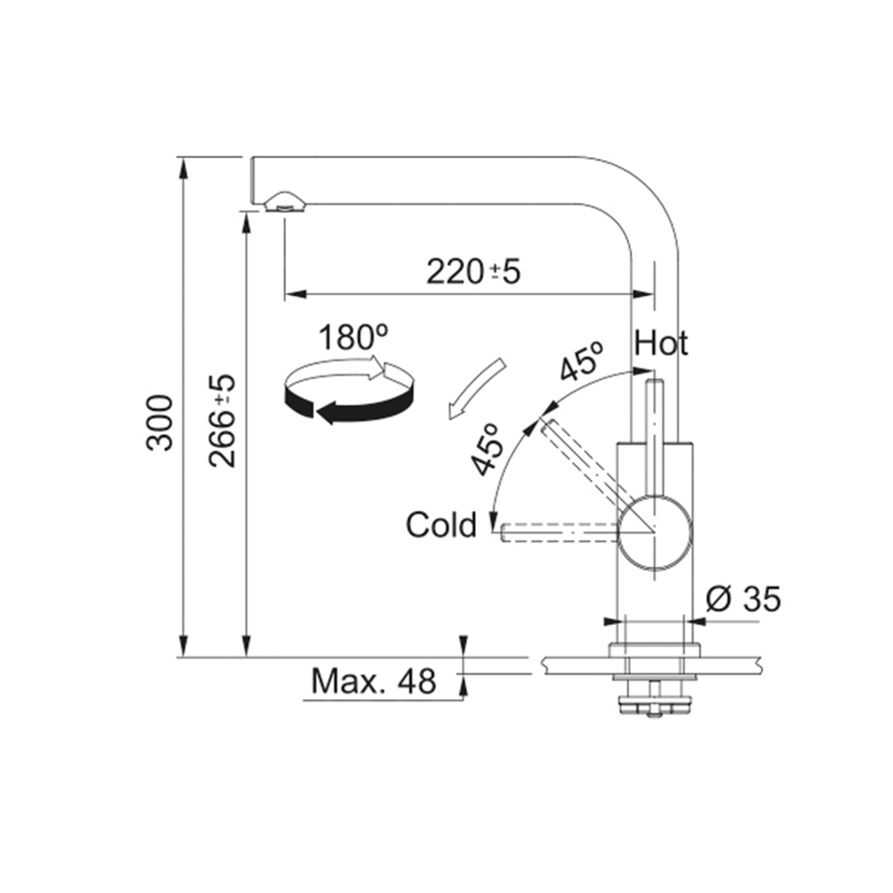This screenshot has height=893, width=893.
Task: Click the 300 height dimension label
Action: coord(160,422)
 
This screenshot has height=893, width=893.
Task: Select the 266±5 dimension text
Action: coord(222,421)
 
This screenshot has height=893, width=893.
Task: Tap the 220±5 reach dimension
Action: coord(473,271)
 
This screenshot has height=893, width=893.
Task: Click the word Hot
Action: coord(661,343)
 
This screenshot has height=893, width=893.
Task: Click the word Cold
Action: coord(441,524)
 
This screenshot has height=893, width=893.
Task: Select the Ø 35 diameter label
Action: coord(743,599)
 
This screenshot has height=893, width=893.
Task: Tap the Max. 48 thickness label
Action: coord(373,680)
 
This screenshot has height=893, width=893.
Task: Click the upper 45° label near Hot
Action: coord(581,362)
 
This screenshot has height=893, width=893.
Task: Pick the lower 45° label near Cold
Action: coord(488,449)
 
